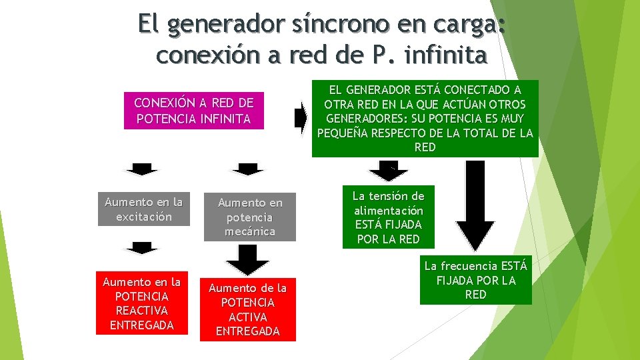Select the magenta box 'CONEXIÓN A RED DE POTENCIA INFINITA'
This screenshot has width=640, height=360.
click(x=193, y=111)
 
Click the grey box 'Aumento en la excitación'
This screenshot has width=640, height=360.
click(x=143, y=209)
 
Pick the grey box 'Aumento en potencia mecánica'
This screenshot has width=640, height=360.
click(x=249, y=217)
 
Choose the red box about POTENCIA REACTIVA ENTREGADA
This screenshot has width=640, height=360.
click(x=141, y=303)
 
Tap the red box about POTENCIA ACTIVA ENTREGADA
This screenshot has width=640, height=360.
click(x=248, y=309)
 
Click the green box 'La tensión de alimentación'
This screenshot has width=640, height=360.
click(x=388, y=217)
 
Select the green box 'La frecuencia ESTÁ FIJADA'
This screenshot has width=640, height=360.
click(x=475, y=280)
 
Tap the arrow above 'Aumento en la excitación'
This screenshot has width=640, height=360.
click(x=142, y=168)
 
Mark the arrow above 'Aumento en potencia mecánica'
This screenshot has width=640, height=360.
click(x=248, y=169)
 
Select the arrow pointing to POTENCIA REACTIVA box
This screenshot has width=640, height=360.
click(x=142, y=247)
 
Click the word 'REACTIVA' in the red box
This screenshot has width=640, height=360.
click(x=141, y=310)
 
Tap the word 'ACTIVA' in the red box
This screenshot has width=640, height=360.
click(x=248, y=317)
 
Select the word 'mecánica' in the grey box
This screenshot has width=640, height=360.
click(x=250, y=231)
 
